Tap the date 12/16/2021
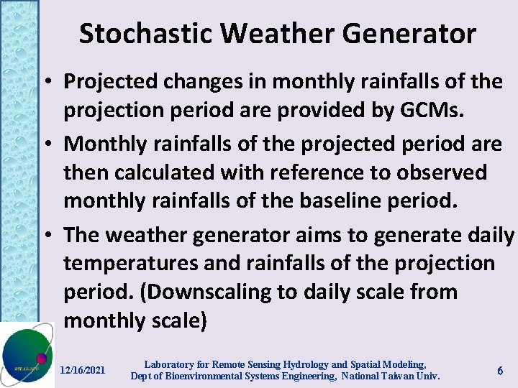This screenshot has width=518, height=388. [83, 370]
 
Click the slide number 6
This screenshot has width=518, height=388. [500, 369]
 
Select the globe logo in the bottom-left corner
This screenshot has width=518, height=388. [27, 355]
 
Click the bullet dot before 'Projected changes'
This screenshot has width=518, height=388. [53, 83]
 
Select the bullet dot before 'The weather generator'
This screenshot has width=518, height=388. [53, 235]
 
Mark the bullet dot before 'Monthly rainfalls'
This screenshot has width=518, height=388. [53, 144]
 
